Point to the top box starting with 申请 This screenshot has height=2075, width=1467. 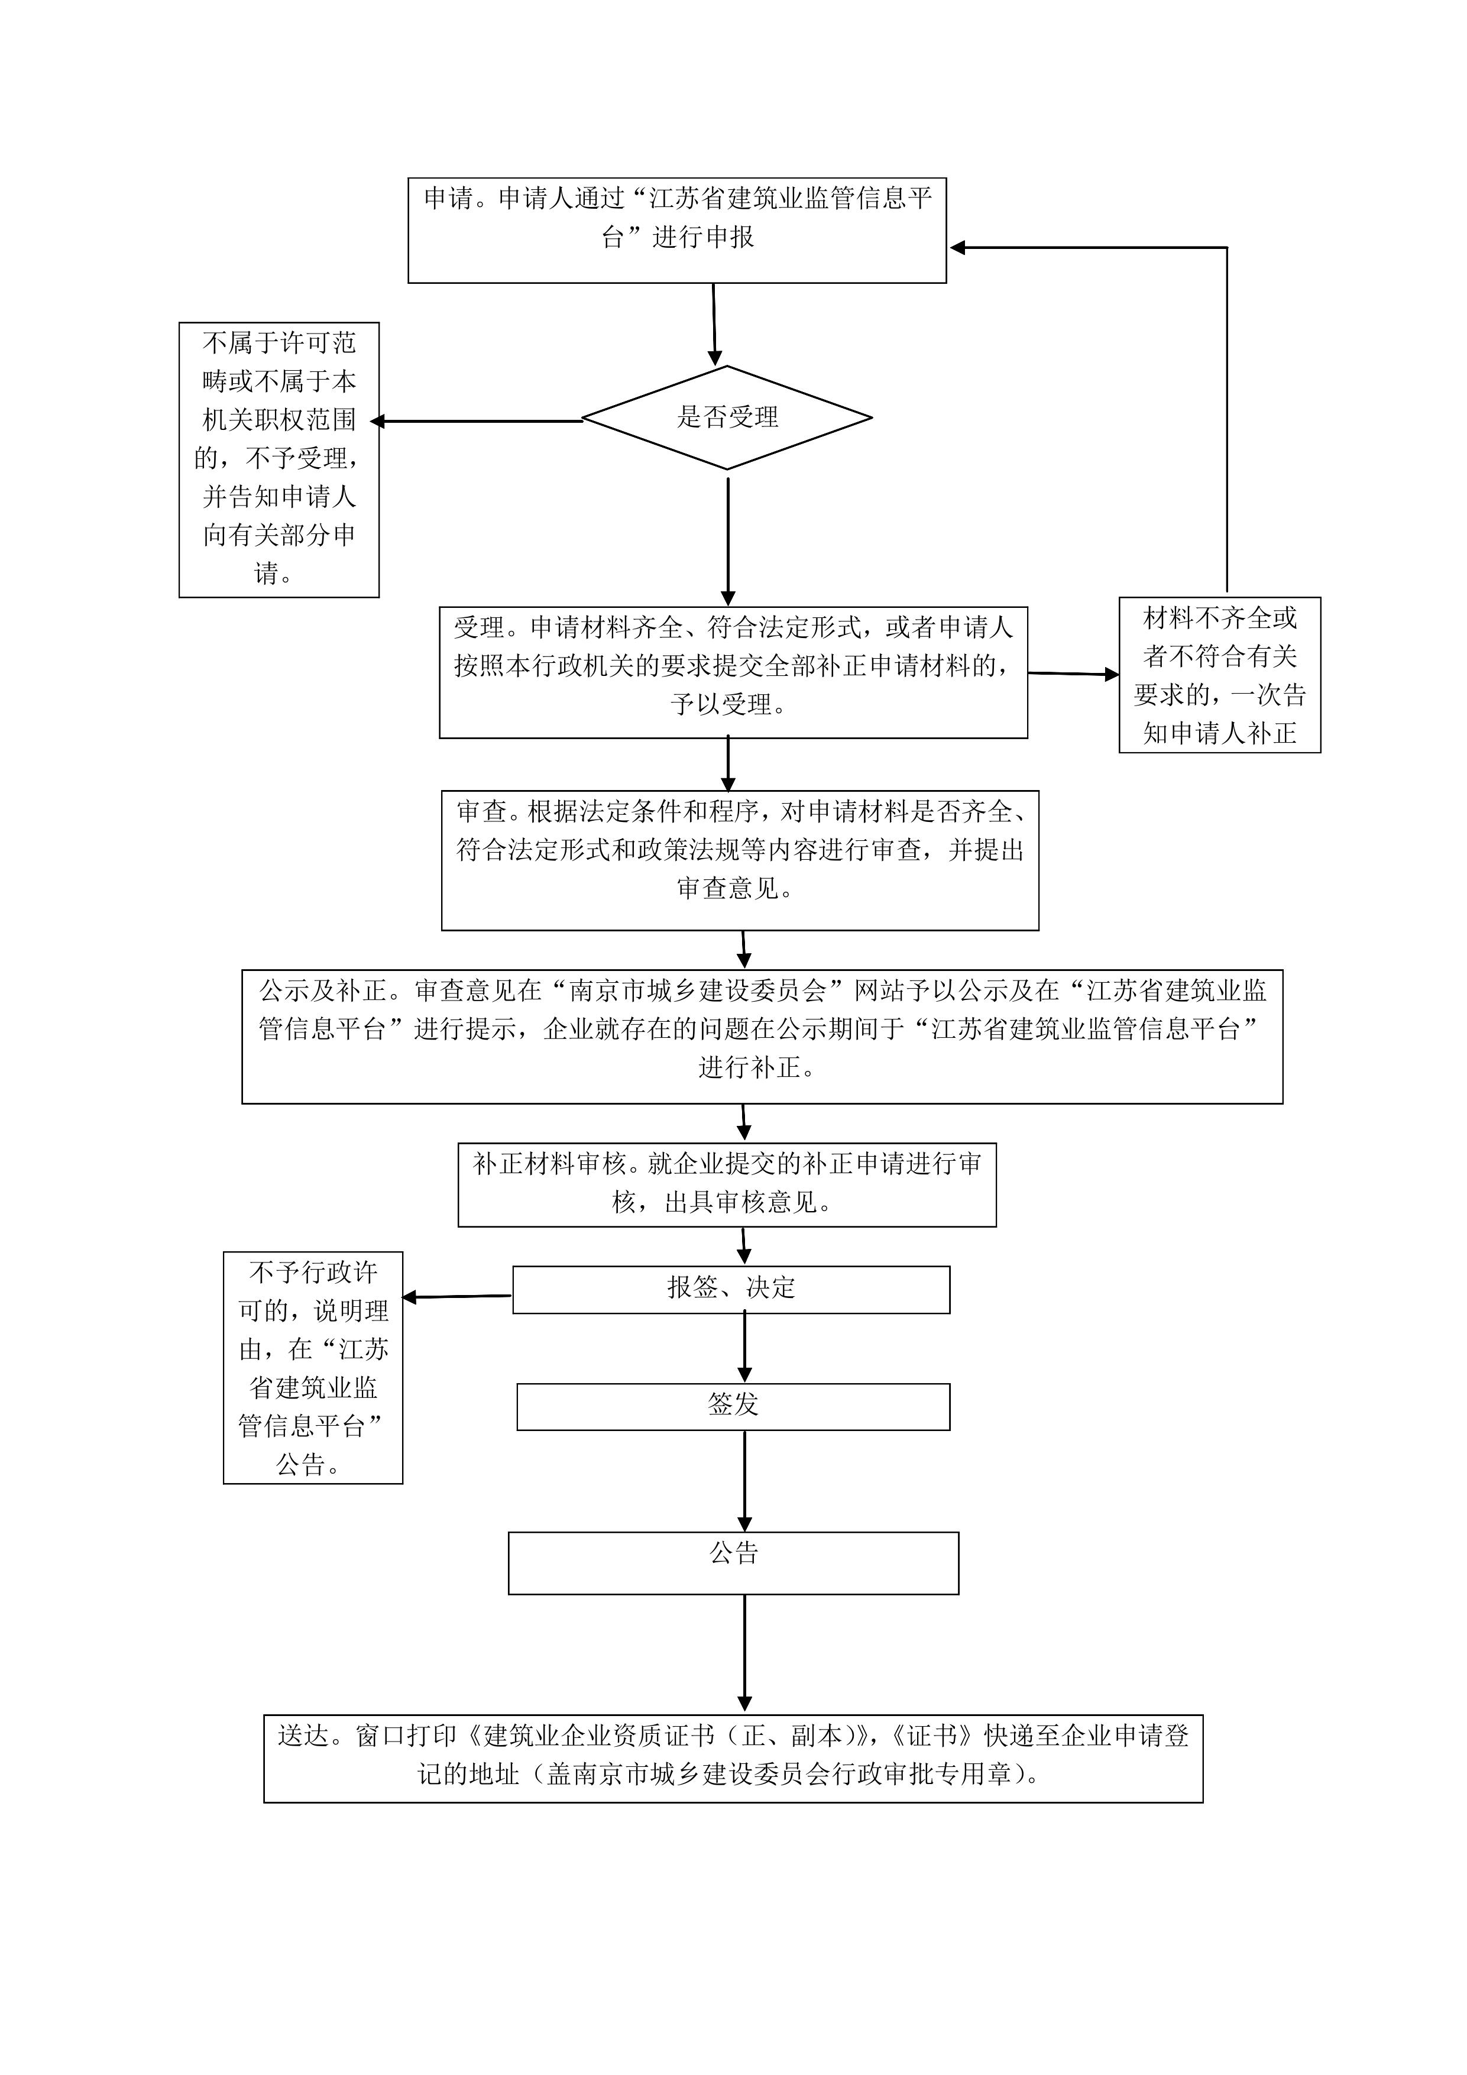[677, 231]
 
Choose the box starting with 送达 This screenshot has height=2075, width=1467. [733, 1759]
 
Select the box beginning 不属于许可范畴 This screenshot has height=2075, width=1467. [278, 460]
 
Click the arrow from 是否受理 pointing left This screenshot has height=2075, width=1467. [477, 421]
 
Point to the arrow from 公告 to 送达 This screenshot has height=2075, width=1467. [745, 1654]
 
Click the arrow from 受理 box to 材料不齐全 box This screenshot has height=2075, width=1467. [1074, 674]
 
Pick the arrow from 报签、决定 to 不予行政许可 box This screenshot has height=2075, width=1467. [457, 1297]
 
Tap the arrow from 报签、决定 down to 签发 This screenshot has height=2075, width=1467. [745, 1348]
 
